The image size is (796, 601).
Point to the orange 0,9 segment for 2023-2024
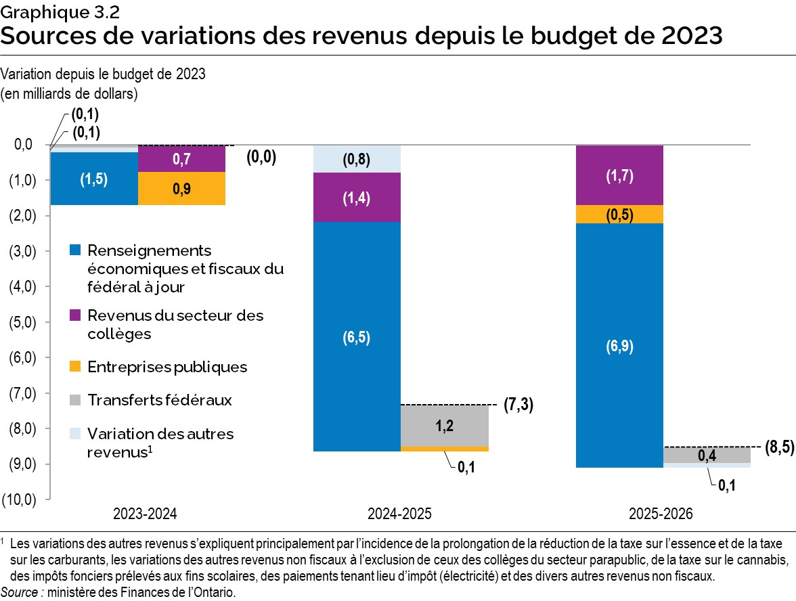[x=181, y=188]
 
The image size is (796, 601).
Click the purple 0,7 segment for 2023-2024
[x=181, y=159]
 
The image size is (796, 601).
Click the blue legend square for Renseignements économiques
[x=75, y=250]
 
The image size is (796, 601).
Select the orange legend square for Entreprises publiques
[x=75, y=367]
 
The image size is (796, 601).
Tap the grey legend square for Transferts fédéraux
[x=75, y=400]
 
